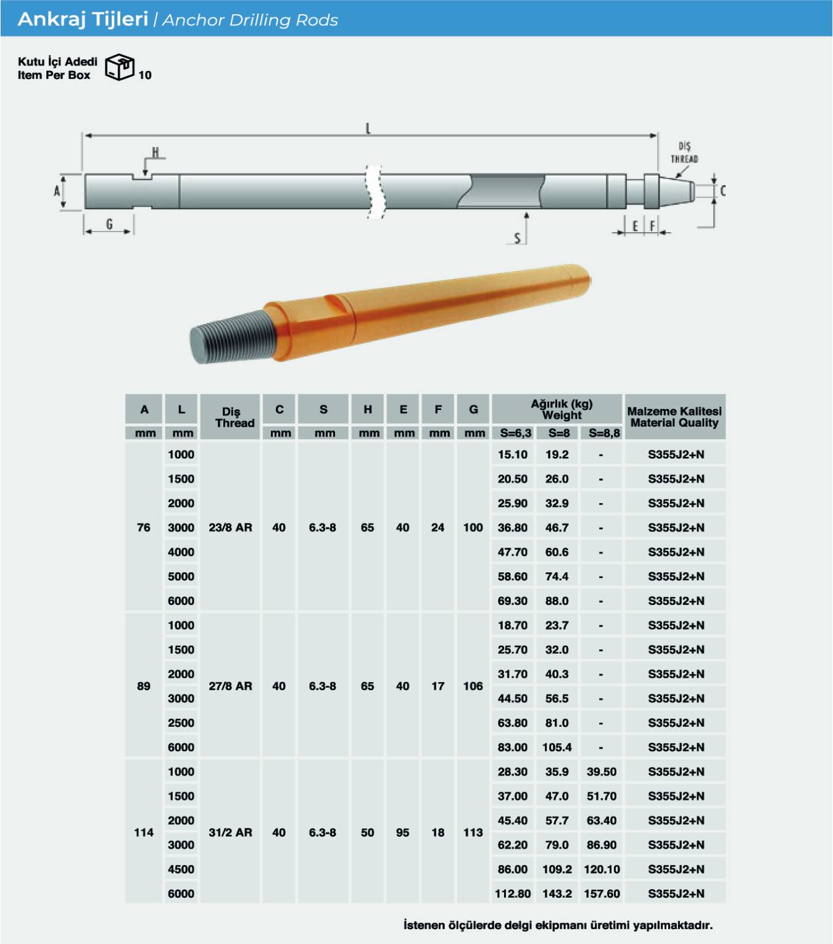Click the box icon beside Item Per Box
120,67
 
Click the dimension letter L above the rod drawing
368,128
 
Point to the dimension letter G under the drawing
109,224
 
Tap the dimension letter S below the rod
517,238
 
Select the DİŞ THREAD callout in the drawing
684,153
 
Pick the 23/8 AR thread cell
230,527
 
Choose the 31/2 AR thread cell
230,833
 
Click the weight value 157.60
602,893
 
